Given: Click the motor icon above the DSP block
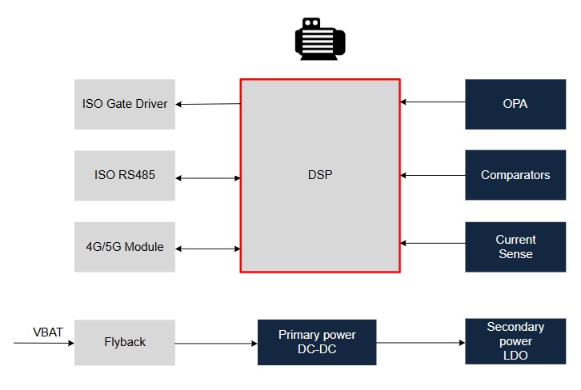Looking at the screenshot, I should [320, 39].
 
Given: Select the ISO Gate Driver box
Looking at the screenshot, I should [125, 104].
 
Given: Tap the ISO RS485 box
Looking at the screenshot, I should [125, 176].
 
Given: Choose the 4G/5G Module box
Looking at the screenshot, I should [125, 247].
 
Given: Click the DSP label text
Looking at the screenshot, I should [319, 174].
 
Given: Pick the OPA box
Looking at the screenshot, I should [515, 104].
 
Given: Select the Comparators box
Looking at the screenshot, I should [515, 175].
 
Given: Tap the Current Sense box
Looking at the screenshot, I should [515, 247].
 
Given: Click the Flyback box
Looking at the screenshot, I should [125, 342].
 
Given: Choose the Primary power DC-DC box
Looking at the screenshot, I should [317, 342].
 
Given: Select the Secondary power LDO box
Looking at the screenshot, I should [515, 341].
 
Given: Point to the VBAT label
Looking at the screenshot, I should [48, 332].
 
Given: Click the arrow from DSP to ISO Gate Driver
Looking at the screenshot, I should [208, 104].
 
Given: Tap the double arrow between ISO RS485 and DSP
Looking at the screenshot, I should [208, 177].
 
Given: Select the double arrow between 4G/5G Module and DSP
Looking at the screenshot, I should [208, 249].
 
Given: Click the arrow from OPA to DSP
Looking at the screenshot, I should [432, 102].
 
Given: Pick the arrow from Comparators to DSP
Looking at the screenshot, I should [432, 174].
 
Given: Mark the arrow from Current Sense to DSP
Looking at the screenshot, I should [432, 242].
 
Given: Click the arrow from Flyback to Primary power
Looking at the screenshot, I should [216, 344].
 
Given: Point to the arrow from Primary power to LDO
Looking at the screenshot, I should [420, 343].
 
